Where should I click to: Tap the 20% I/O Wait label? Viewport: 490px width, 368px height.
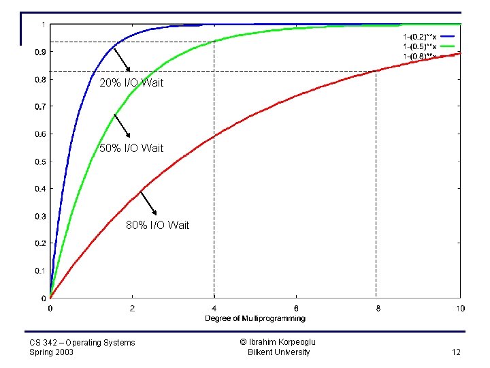(x=131, y=83)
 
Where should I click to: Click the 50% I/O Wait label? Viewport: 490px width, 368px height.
(x=131, y=148)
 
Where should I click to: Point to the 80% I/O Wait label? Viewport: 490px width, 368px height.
(x=158, y=225)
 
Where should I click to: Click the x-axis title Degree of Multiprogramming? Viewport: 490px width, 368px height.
(x=255, y=318)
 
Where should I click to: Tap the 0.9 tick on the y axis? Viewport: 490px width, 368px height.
(x=42, y=52)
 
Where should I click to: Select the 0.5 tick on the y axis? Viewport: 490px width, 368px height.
(x=42, y=162)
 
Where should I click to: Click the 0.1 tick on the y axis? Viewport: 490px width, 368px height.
(x=42, y=271)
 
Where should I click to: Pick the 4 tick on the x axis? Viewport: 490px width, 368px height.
(x=214, y=308)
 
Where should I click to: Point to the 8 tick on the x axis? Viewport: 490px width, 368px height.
(x=378, y=308)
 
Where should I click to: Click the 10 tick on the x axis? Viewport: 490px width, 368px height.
(x=460, y=308)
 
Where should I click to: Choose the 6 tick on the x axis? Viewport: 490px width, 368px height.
(x=296, y=308)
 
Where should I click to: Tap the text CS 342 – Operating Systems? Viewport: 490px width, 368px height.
(x=82, y=342)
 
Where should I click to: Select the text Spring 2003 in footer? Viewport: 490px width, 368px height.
(x=52, y=352)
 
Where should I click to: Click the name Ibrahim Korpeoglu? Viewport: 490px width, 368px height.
(x=278, y=342)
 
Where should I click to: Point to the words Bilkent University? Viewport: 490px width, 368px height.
(x=278, y=352)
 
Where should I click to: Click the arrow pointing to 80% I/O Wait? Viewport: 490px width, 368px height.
(x=148, y=202)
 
